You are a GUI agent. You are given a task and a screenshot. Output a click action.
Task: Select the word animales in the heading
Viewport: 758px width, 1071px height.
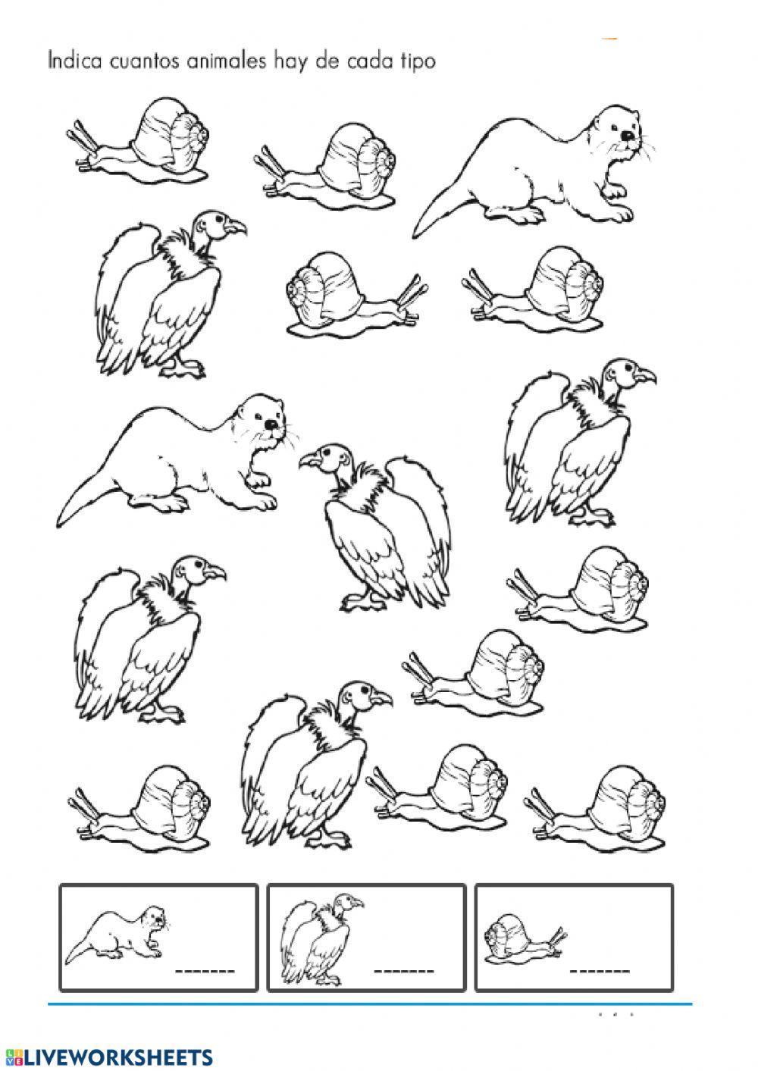(x=228, y=61)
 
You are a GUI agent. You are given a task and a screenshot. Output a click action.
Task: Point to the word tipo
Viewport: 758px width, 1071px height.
(x=416, y=62)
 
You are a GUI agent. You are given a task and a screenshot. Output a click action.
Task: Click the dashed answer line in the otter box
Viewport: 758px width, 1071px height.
(x=205, y=969)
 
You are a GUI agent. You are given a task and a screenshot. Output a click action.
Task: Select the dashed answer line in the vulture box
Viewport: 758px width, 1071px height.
(x=403, y=969)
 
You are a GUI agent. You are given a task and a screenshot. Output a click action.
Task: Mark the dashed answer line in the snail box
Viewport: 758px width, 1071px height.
(x=600, y=969)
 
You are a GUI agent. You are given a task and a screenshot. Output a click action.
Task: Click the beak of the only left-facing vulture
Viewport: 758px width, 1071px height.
(x=308, y=462)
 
